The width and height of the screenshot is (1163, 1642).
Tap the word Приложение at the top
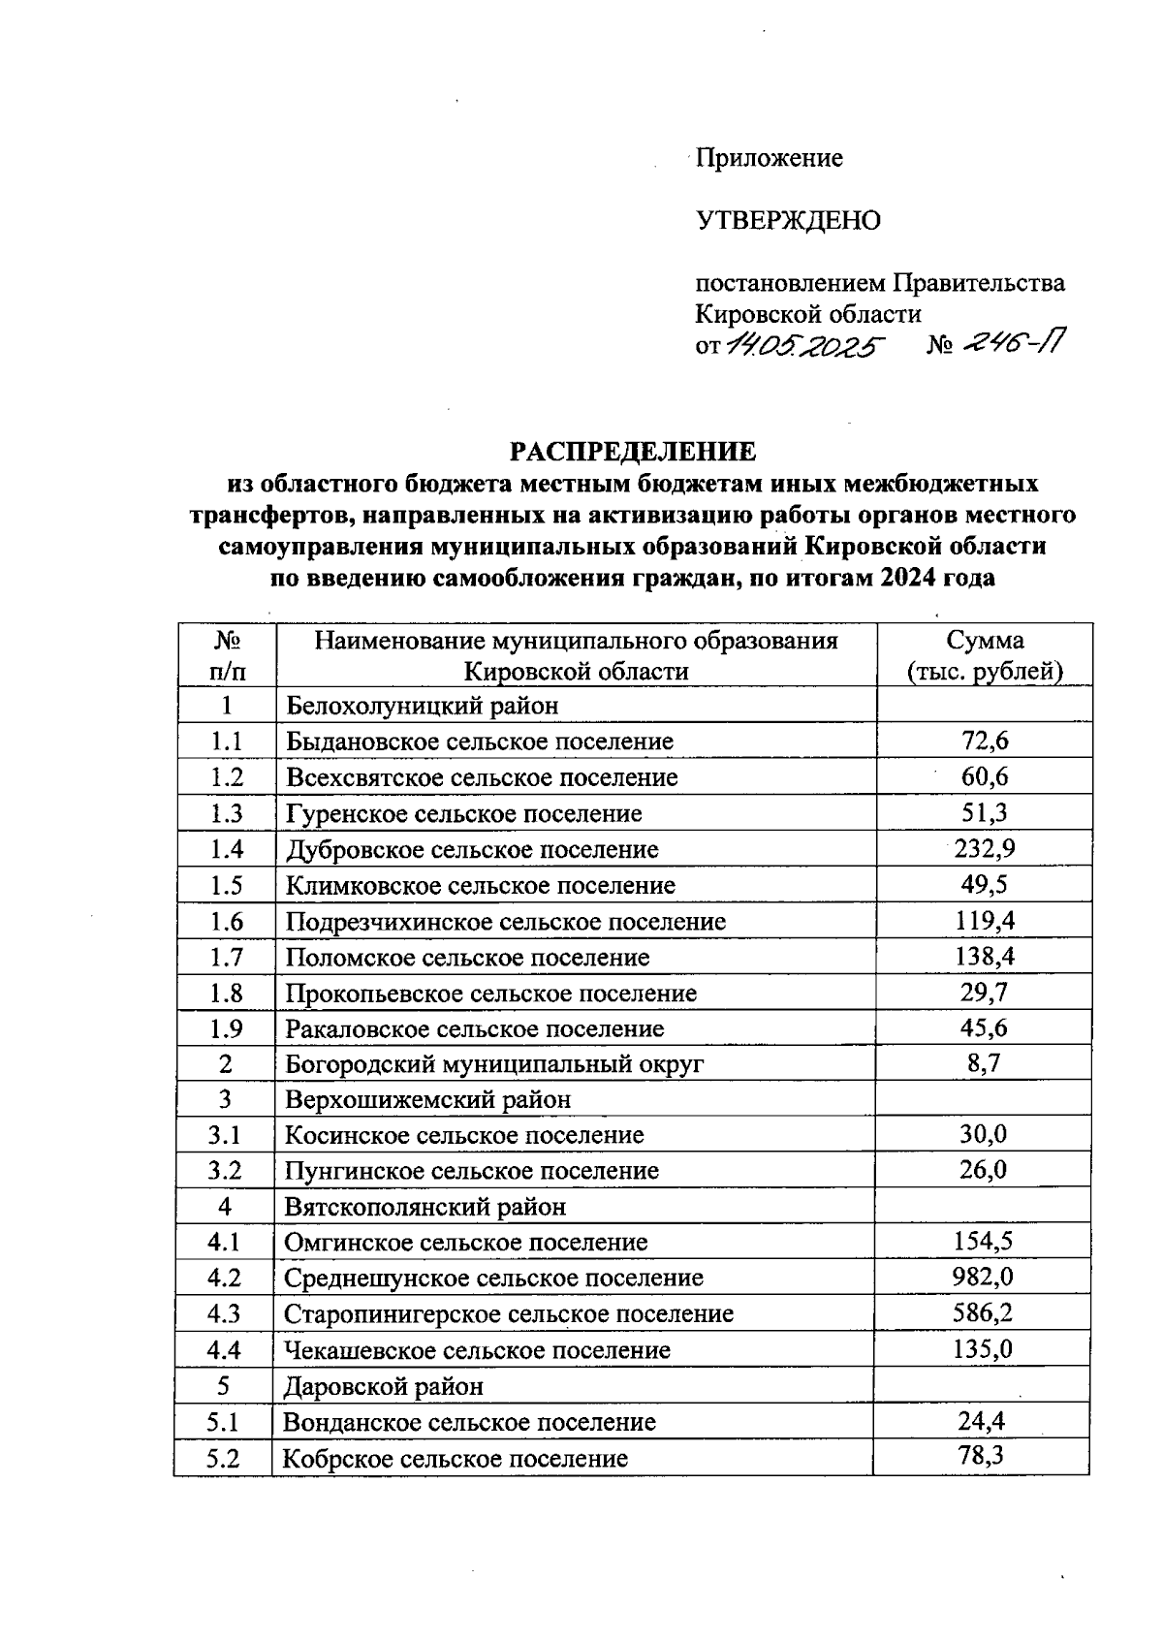coord(770,158)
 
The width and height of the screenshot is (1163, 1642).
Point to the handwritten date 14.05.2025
coord(804,344)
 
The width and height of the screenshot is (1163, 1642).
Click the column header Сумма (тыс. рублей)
coord(984,656)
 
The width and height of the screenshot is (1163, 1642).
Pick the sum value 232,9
coord(984,849)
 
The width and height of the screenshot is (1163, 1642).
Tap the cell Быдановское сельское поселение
coord(479,742)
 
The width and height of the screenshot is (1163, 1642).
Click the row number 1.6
coord(226,921)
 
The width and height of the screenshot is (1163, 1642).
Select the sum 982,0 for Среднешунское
coord(983,1278)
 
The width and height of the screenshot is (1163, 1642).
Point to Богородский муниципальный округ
coord(494,1064)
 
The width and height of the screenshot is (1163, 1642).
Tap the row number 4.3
coord(224,1314)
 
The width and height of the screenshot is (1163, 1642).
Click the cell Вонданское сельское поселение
coord(469,1422)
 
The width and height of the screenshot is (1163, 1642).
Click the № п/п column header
coord(227,656)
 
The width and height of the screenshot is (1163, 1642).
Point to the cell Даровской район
coord(383,1386)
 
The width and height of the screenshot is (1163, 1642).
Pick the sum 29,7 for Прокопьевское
coord(984,993)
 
